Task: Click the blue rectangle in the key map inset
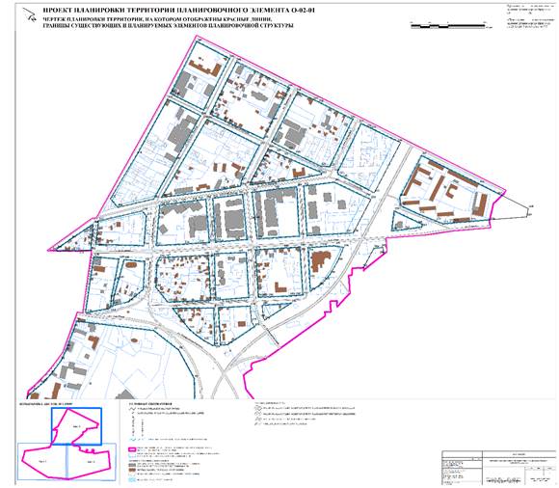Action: click(x=76, y=425)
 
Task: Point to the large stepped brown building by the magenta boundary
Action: click(x=319, y=259)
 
